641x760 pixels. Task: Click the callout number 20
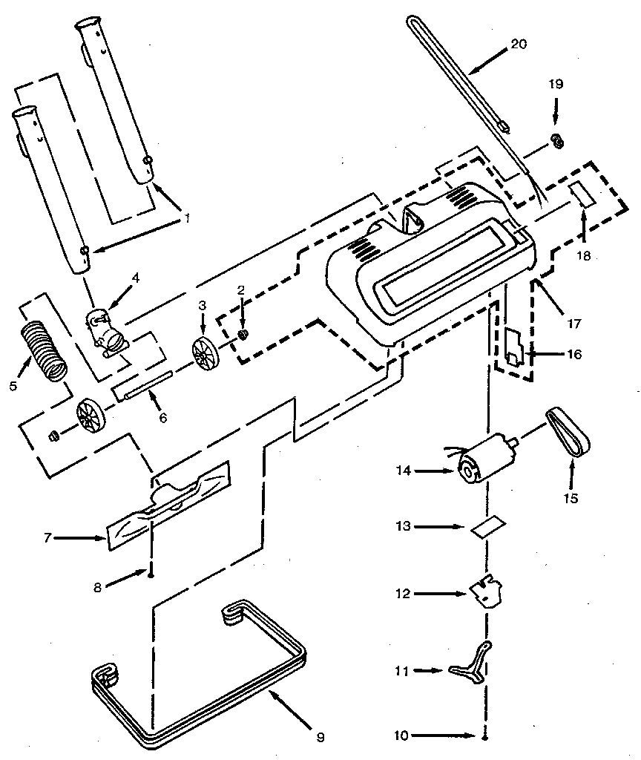click(x=519, y=44)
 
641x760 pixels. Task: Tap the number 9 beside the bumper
click(x=320, y=737)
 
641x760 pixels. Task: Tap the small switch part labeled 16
click(x=514, y=349)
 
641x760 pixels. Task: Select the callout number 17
click(x=574, y=324)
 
